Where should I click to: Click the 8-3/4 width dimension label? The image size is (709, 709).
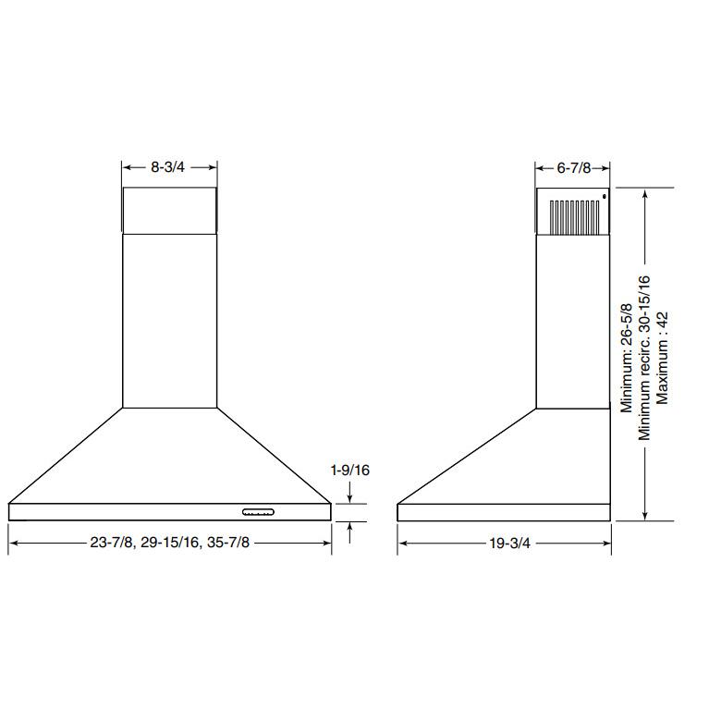169,168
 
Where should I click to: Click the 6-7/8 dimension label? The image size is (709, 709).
573,168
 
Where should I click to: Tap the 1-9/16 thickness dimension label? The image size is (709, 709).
350,471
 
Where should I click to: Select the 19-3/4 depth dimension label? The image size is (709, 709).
504,544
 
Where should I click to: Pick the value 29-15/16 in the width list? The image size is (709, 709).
172,544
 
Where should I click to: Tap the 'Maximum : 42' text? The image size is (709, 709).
662,357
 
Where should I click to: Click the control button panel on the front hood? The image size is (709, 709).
258,511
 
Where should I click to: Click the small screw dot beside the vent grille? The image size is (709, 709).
603,196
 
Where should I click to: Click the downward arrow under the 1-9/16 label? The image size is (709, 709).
350,497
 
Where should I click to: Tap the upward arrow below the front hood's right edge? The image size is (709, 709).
350,528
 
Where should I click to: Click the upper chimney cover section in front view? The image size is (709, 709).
169,210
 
